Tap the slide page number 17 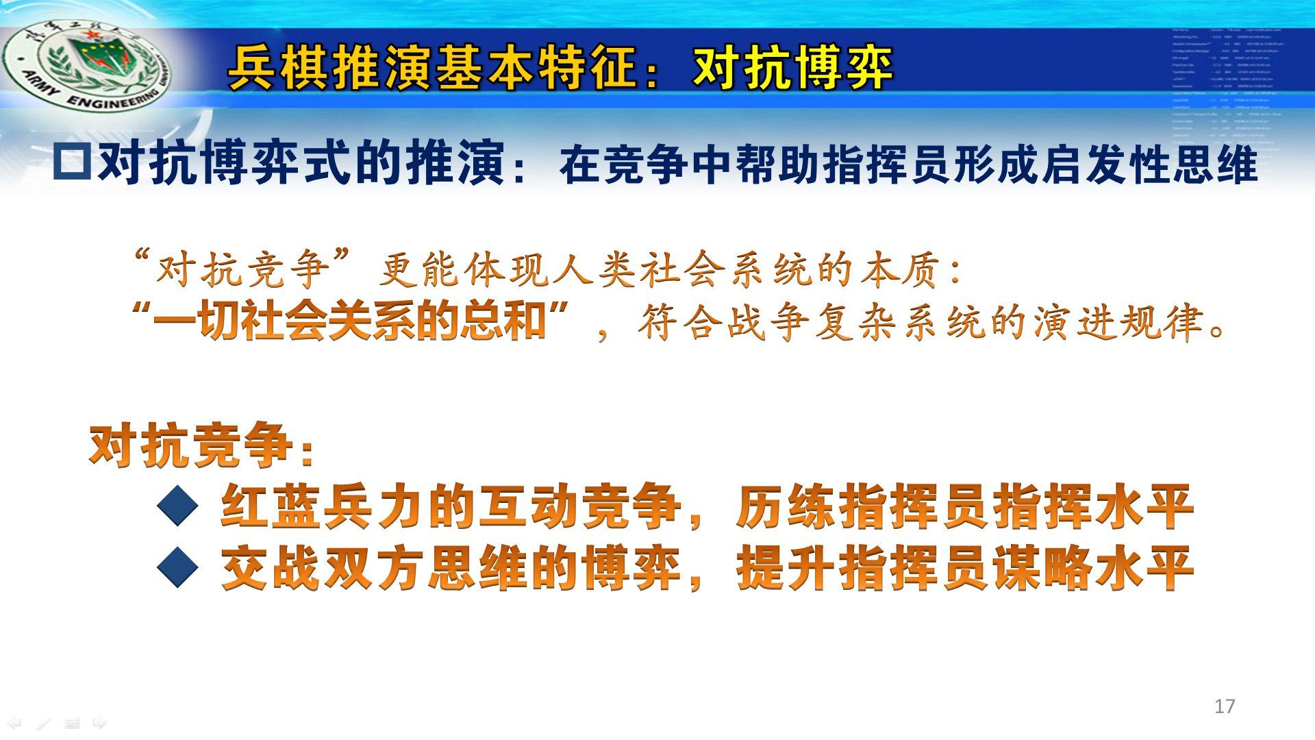pos(1225,706)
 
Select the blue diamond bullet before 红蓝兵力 pos(177,506)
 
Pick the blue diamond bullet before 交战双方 pos(177,567)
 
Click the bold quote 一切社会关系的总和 pos(349,321)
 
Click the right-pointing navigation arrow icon pos(100,723)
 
